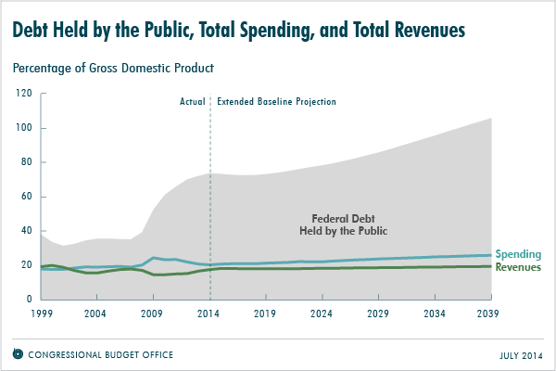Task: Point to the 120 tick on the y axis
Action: pyautogui.click(x=24, y=94)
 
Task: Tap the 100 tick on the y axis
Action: pyautogui.click(x=24, y=128)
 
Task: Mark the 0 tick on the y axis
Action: pyautogui.click(x=30, y=299)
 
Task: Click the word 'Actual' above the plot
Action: pyautogui.click(x=192, y=100)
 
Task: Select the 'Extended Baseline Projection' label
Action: pyautogui.click(x=276, y=100)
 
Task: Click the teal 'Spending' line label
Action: pyautogui.click(x=517, y=254)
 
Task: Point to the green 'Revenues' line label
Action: pyautogui.click(x=519, y=267)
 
